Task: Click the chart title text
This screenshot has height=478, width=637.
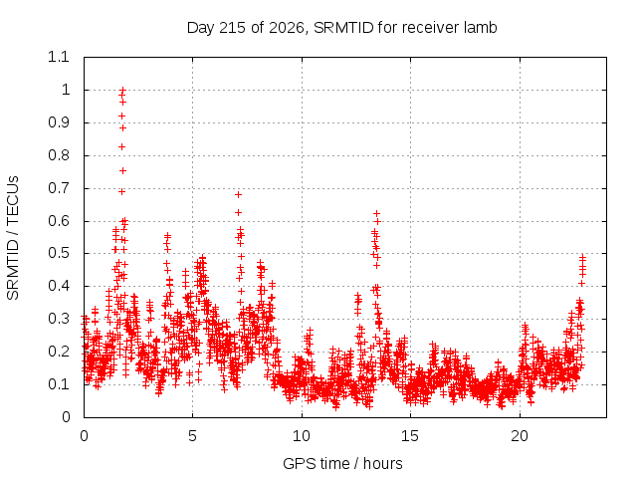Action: click(x=341, y=28)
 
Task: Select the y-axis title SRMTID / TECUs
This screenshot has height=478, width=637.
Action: click(x=13, y=238)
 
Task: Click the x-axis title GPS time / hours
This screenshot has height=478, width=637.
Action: click(x=342, y=463)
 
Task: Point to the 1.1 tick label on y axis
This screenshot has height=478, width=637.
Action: click(x=59, y=57)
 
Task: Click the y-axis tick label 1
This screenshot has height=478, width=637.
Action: click(x=66, y=90)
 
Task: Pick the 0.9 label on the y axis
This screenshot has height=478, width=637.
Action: click(x=59, y=122)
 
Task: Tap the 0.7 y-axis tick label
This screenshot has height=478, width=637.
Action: click(x=59, y=188)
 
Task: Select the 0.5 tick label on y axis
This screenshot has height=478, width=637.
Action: click(x=59, y=253)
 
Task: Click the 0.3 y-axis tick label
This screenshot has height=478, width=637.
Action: click(x=59, y=319)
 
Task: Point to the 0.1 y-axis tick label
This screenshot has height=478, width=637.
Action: click(x=59, y=384)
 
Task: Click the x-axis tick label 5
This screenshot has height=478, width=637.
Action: click(x=192, y=436)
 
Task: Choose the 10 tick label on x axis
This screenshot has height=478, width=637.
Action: click(x=302, y=436)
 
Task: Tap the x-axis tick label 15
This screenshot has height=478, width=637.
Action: click(x=410, y=436)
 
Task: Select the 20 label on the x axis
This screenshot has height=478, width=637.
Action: click(x=520, y=436)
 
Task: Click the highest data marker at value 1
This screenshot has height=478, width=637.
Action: click(x=122, y=90)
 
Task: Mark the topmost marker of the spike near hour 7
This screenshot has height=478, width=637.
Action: click(x=239, y=195)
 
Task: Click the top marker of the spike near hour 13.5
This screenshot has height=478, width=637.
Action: click(x=376, y=213)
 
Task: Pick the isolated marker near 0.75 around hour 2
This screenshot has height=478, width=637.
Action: click(x=122, y=170)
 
